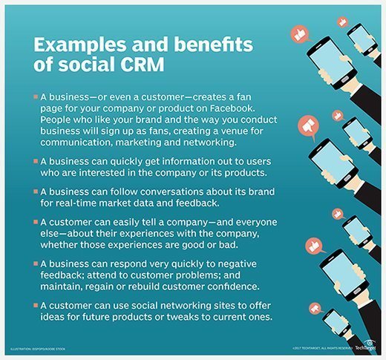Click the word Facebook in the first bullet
[x=232, y=108]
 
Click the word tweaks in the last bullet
[x=183, y=317]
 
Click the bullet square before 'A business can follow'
[x=36, y=192]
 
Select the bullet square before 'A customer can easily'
[x=36, y=222]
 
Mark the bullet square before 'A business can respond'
[x=36, y=264]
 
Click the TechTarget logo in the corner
[x=366, y=346]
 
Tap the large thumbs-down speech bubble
[x=308, y=127]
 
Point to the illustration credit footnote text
[x=38, y=349]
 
